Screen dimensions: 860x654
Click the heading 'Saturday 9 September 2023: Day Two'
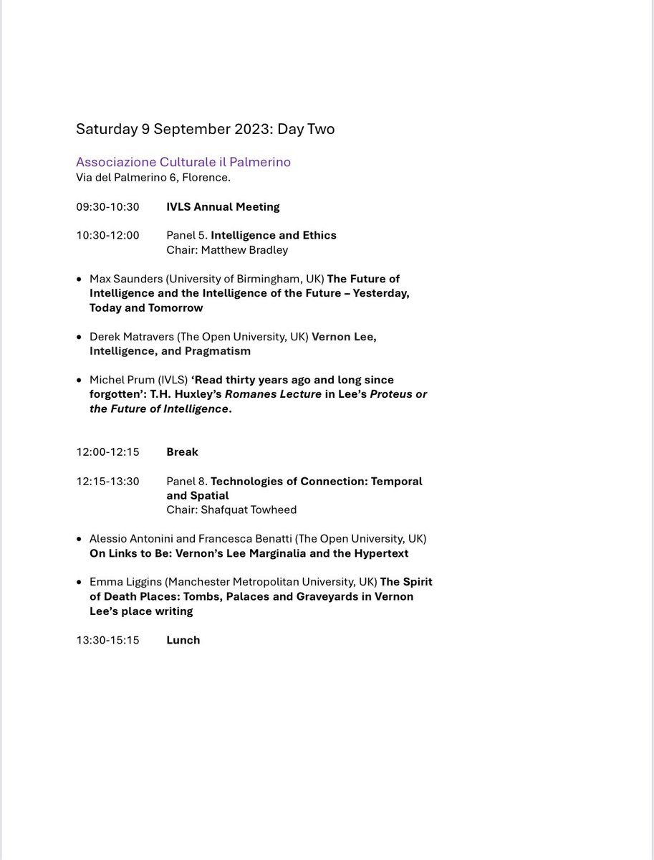[x=205, y=130]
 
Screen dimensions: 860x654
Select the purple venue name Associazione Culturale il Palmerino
[x=183, y=163]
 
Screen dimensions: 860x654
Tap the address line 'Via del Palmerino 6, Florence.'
[x=153, y=178]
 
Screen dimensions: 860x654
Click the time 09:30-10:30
[x=107, y=207]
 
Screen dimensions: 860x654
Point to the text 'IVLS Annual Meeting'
[x=223, y=207]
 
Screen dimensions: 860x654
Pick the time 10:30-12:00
[x=107, y=235]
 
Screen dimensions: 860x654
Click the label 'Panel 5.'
[x=187, y=235]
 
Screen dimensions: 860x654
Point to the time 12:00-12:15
[x=107, y=452]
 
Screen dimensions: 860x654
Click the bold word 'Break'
[x=182, y=452]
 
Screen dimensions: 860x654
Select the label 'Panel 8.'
[x=187, y=481]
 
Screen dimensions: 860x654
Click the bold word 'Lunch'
[x=183, y=640]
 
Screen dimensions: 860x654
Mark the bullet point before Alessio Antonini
[x=80, y=539]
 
